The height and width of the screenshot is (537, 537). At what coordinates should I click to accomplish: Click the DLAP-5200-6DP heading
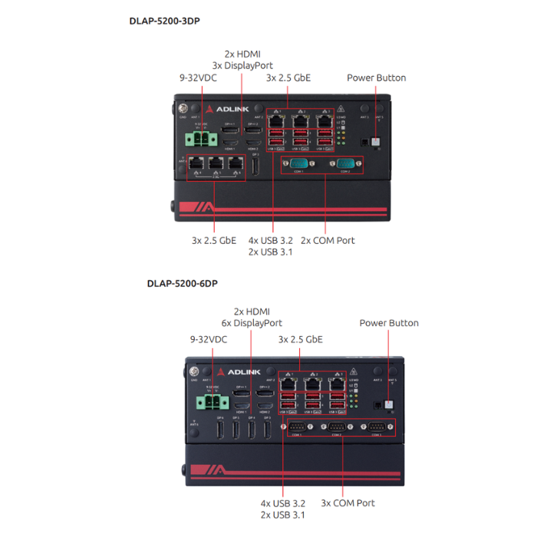coord(182,284)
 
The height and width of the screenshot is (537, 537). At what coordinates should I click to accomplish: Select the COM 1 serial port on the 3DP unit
coord(298,163)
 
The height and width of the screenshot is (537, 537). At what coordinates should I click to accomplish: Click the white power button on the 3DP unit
coord(375,142)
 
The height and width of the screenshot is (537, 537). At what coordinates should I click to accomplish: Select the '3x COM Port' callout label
coord(348,503)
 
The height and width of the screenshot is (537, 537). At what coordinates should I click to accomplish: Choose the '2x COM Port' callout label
coord(328,240)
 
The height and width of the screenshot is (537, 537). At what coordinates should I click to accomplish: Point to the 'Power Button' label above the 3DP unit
coord(376,77)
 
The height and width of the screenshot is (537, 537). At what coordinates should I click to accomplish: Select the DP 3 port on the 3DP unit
coord(255,166)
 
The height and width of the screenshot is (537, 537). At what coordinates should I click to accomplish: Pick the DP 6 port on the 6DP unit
coord(220,429)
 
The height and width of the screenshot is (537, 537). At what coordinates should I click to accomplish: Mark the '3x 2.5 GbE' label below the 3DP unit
coord(214,240)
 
